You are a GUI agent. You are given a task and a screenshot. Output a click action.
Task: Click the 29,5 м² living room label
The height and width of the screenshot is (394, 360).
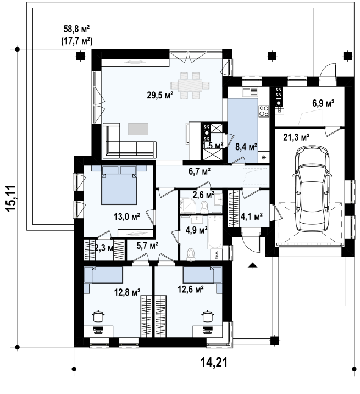pos(160,96)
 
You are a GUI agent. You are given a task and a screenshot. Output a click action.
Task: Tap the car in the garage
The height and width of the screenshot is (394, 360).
pos(312,188)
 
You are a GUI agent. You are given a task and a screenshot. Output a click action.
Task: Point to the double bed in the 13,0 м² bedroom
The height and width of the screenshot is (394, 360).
pos(119,185)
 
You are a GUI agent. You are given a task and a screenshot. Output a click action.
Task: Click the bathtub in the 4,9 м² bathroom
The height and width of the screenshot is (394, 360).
pos(215,232)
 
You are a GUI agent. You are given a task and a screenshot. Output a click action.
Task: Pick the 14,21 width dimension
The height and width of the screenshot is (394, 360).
pos(214,362)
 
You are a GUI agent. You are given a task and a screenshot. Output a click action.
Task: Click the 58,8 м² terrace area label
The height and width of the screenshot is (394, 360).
pos(77,29)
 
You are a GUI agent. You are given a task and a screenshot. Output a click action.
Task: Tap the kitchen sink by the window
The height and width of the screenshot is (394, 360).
pos(250,92)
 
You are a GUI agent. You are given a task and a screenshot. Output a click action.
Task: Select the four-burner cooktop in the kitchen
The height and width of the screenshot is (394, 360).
pos(264,111)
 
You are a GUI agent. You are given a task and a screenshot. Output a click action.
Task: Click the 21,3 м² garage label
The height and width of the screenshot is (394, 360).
pos(296,137)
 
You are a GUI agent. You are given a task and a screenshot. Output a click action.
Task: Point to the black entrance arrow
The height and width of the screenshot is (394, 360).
pos(252,265)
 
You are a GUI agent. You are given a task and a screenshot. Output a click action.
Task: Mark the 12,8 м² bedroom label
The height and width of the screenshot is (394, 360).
pos(127,292)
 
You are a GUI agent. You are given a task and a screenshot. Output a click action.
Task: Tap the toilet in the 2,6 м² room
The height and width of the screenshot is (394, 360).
pos(204,207)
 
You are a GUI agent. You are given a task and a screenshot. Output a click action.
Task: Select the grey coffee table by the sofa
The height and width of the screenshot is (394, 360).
pos(138,129)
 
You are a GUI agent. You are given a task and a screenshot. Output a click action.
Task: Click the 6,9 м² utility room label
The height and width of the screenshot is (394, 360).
pos(323,103)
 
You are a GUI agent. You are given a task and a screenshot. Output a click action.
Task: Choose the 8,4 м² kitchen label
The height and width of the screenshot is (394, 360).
pos(246,147)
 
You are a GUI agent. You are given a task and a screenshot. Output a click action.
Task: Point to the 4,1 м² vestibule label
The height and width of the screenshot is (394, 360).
pos(252,216)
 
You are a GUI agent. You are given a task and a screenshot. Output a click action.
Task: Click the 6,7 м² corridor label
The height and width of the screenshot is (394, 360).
pos(200,171)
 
